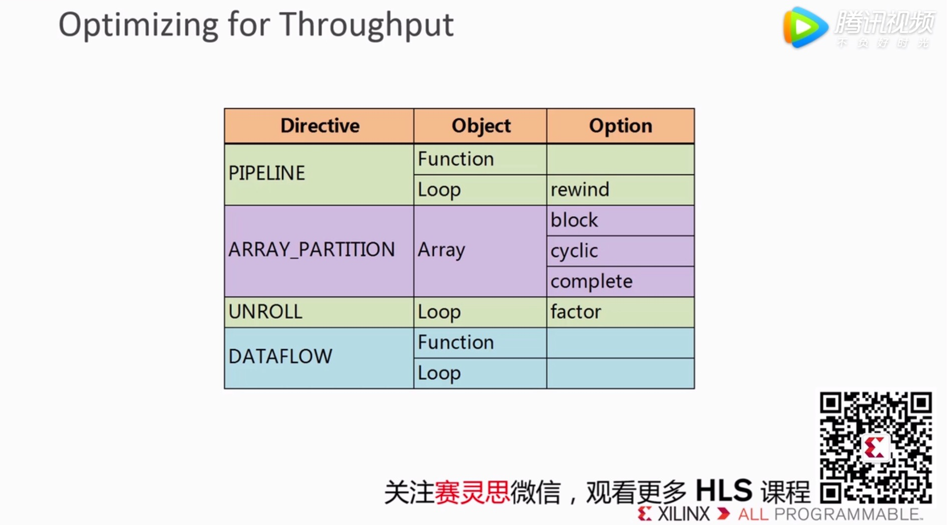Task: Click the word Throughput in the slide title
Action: pos(367,25)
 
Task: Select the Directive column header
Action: pos(320,126)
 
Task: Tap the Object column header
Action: pos(480,126)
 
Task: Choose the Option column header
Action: pos(620,126)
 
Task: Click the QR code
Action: pos(875,447)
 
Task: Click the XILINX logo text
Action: pos(683,514)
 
